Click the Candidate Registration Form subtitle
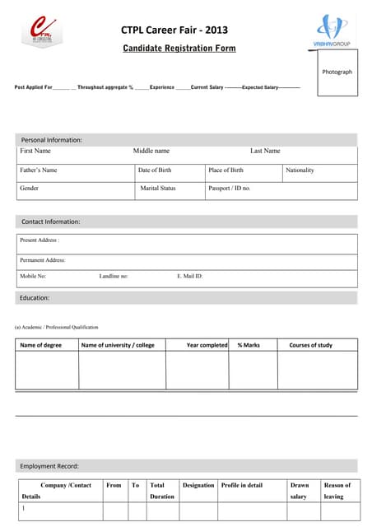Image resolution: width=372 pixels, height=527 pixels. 179,49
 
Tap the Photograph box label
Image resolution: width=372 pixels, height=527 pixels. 337,72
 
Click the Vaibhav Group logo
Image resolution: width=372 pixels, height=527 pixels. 332,30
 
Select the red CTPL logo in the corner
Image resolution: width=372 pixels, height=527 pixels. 41,31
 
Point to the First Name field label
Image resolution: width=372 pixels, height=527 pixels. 35,151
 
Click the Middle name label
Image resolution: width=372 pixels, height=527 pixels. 151,151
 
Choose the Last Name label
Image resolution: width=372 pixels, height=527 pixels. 265,151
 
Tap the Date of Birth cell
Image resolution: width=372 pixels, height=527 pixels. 155,170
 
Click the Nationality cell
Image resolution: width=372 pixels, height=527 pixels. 300,170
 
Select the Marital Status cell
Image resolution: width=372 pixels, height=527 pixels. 158,189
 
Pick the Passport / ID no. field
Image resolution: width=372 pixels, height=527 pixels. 230,189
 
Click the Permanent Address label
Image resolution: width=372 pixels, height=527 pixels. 42,260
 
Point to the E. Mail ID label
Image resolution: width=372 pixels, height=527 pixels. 190,277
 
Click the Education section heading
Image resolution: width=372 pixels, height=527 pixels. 35,297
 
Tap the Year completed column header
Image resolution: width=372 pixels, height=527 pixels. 207,345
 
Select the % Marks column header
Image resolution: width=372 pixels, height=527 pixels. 249,345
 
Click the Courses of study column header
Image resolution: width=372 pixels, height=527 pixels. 311,345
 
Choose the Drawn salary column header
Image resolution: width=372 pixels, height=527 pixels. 299,491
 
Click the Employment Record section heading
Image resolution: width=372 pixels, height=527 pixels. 49,466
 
